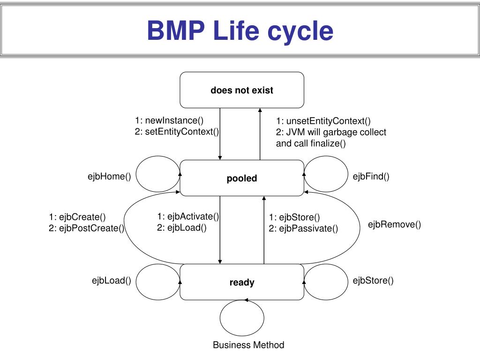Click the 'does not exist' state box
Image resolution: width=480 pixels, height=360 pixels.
pos(242,90)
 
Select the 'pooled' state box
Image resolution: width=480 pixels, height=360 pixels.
pos(242,178)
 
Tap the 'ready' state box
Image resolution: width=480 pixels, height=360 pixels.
pos(242,282)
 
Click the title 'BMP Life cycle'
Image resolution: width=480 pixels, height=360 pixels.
pos(240,30)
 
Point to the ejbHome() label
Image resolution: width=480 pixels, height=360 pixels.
pos(109,176)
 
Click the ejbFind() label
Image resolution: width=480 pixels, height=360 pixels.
pos(371,176)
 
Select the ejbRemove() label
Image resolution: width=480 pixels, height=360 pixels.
pos(394,225)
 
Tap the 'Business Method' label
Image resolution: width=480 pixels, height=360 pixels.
pos(248,345)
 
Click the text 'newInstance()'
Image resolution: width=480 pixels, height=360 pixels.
pos(174,120)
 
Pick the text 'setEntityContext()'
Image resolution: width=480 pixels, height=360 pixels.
pos(182,132)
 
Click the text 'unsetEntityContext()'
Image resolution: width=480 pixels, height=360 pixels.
pos(329,121)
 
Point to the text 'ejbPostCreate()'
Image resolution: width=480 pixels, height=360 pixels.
pos(92,228)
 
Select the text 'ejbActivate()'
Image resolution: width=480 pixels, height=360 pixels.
pos(193,217)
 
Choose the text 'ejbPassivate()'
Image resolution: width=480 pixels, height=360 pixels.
pos(308,228)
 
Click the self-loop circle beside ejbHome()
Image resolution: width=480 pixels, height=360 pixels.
pos(136,174)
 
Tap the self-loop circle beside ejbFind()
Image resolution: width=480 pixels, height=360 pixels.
pos(348,174)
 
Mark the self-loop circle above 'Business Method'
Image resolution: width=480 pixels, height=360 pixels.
pos(220,318)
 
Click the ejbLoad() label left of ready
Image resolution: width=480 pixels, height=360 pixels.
pos(112,280)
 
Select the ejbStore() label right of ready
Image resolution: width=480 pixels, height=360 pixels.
pos(373,280)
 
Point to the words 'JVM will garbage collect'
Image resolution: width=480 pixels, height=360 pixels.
pos(336,132)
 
